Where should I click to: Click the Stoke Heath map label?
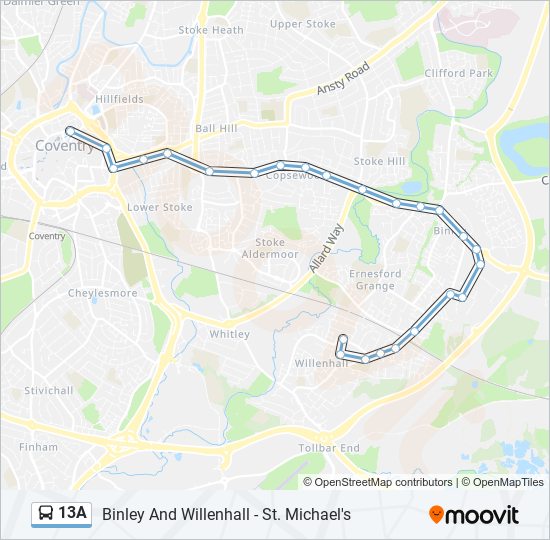(211, 30)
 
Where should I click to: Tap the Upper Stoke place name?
(302, 24)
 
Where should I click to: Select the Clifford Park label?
(459, 73)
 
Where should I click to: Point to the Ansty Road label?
(343, 79)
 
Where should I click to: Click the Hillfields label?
(120, 99)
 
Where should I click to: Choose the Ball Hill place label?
(217, 128)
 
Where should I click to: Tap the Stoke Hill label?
(380, 161)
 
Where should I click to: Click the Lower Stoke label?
(160, 207)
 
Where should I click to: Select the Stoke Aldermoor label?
(270, 248)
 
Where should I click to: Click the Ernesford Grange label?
(375, 279)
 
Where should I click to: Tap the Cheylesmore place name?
(102, 293)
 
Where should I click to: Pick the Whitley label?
(229, 334)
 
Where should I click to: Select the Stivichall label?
(49, 390)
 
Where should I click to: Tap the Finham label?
(39, 447)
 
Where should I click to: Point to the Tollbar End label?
(330, 448)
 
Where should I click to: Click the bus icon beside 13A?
(46, 514)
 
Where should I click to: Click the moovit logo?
(474, 514)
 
